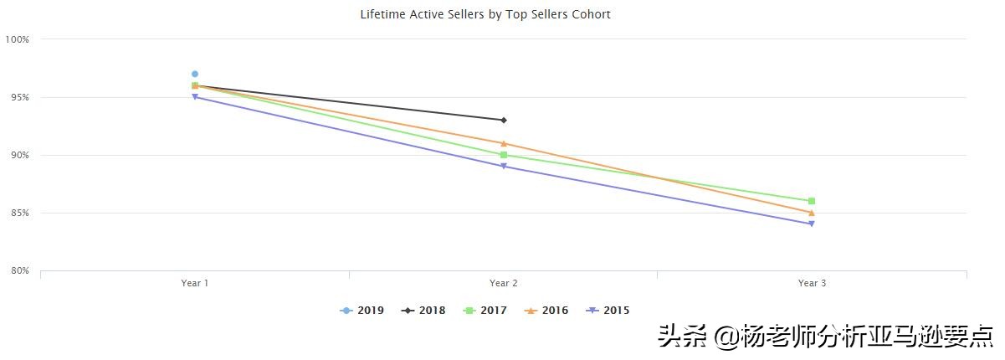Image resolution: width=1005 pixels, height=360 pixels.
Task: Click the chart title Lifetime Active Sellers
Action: (485, 14)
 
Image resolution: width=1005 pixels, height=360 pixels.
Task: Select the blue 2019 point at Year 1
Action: (195, 74)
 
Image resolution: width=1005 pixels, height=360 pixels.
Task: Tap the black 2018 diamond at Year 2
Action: (503, 120)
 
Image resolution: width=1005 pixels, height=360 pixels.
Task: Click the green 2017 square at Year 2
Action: (503, 155)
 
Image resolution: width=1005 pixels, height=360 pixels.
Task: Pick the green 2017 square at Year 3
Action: (812, 201)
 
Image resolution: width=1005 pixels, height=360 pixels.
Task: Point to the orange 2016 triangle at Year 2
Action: (503, 143)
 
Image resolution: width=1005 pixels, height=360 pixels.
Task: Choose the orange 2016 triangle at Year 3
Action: (812, 213)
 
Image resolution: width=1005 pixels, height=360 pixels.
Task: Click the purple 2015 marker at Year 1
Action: (195, 97)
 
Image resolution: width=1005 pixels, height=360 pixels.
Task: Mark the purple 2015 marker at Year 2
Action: (503, 167)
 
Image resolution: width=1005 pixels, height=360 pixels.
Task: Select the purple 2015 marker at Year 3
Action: (812, 224)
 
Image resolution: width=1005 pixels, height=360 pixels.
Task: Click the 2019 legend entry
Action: (362, 311)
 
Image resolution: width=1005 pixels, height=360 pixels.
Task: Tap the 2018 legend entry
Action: (424, 311)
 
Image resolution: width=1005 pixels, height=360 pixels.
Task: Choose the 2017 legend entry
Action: (485, 311)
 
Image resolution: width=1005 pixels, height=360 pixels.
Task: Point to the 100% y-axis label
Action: (18, 39)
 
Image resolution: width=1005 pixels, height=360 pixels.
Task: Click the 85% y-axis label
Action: (19, 213)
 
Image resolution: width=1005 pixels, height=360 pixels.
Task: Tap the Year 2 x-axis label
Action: (503, 283)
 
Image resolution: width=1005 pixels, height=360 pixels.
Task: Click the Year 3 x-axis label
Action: (812, 283)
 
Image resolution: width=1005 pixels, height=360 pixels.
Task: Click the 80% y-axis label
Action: (19, 270)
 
